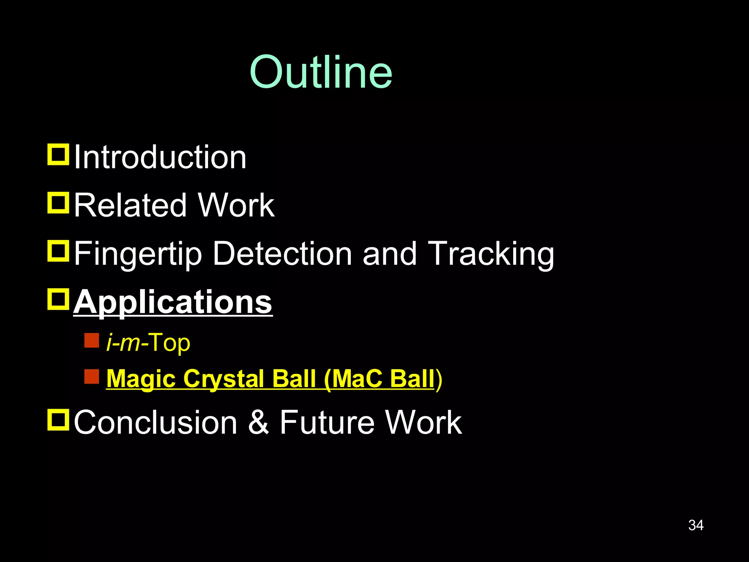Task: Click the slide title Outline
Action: (321, 72)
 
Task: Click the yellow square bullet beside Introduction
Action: (58, 155)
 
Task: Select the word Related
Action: (130, 206)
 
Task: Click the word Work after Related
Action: (236, 206)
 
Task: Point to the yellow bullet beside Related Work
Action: (58, 203)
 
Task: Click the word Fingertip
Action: (138, 254)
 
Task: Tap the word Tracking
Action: (491, 254)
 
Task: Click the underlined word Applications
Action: (173, 303)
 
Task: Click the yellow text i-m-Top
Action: (148, 343)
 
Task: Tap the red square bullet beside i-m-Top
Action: (91, 340)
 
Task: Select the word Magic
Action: (142, 379)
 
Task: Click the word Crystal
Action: (224, 379)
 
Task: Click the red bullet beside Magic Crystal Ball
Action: (91, 376)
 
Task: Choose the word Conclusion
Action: (156, 423)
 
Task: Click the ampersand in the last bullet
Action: (259, 423)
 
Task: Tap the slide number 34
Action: (696, 525)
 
